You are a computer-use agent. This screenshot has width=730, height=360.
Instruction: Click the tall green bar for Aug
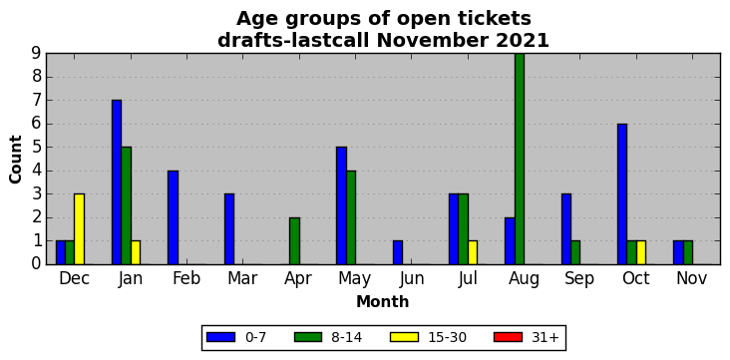(x=520, y=159)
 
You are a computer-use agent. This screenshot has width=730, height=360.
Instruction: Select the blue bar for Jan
(x=117, y=182)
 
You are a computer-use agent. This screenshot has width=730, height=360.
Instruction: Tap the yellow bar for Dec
(x=79, y=229)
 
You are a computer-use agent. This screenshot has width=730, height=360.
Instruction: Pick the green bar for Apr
(x=294, y=240)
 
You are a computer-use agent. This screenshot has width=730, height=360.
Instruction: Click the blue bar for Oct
(x=622, y=194)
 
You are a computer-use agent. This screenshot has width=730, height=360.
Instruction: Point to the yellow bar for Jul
(x=473, y=252)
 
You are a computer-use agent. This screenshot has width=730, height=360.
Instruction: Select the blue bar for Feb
(x=173, y=217)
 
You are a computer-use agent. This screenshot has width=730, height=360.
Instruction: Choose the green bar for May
(x=351, y=217)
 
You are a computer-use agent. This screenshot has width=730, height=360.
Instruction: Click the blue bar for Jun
(x=398, y=252)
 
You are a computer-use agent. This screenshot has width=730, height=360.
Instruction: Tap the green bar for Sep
(x=575, y=252)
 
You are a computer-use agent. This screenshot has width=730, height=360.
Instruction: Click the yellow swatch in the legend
(x=405, y=337)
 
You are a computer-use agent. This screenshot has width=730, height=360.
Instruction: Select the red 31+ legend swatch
(x=509, y=337)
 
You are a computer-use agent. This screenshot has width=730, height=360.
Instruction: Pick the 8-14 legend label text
(x=346, y=338)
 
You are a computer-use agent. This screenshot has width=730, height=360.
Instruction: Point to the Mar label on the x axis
(x=242, y=278)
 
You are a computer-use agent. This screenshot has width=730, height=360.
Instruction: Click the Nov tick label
(x=692, y=278)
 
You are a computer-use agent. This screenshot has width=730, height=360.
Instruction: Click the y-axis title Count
(x=15, y=160)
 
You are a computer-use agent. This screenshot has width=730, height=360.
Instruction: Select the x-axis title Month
(x=383, y=302)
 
